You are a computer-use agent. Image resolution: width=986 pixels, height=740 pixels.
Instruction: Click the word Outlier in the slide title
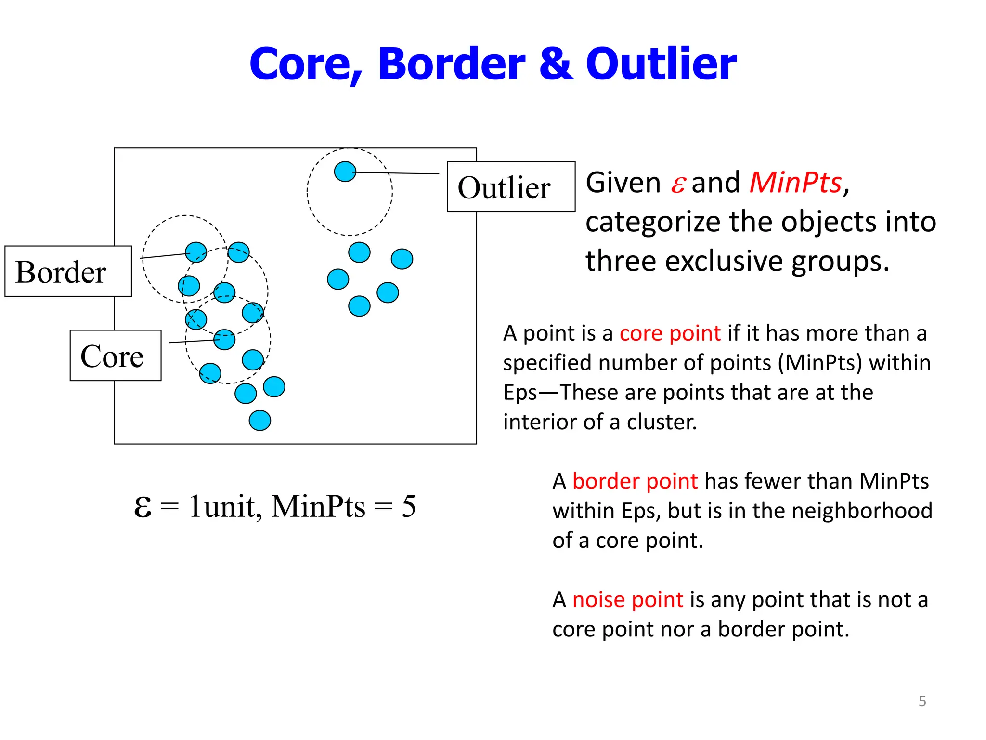pyautogui.click(x=661, y=64)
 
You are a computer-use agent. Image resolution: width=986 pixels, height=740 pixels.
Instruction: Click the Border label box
pyautogui.click(x=68, y=271)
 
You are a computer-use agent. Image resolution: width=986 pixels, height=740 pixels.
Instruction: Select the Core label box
pyautogui.click(x=115, y=356)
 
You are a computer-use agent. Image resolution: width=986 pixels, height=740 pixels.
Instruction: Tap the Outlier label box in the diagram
pyautogui.click(x=511, y=187)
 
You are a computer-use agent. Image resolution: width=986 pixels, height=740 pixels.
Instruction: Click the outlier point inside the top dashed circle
pyautogui.click(x=345, y=171)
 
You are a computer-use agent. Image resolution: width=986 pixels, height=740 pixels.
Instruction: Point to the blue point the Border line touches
pyautogui.click(x=196, y=252)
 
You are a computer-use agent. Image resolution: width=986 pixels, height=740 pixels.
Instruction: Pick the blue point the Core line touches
pyautogui.click(x=224, y=340)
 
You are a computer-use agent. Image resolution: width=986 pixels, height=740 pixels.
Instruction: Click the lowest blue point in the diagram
pyautogui.click(x=259, y=420)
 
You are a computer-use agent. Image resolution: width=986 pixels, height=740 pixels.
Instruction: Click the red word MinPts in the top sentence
pyautogui.click(x=795, y=183)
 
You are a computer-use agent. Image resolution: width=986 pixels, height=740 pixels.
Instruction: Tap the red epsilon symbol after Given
pyautogui.click(x=677, y=184)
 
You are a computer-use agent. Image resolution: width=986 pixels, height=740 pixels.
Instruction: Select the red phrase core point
pyautogui.click(x=670, y=333)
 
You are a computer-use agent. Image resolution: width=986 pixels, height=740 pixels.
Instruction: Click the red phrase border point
pyautogui.click(x=635, y=481)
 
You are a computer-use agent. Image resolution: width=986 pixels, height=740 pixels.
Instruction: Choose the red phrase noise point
pyautogui.click(x=627, y=600)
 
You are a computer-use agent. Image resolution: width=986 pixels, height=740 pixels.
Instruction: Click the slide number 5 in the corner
pyautogui.click(x=922, y=701)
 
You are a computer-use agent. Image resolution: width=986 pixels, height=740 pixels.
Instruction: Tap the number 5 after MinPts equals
pyautogui.click(x=408, y=507)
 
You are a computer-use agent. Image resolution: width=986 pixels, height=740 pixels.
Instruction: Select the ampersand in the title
pyautogui.click(x=556, y=64)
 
